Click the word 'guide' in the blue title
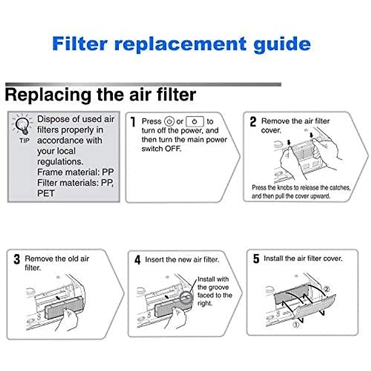pos(282,44)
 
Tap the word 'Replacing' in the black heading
pos(48,95)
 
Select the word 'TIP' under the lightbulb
pos(24,141)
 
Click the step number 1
pos(133,122)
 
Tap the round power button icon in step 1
pos(169,122)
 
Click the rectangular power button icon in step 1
pos(195,122)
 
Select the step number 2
pos(253,122)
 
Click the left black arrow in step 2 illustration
pos(289,142)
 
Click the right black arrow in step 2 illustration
pos(311,135)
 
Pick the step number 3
pos(17,259)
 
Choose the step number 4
pos(138,260)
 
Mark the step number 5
pos(256,259)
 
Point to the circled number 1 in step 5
pos(296,325)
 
